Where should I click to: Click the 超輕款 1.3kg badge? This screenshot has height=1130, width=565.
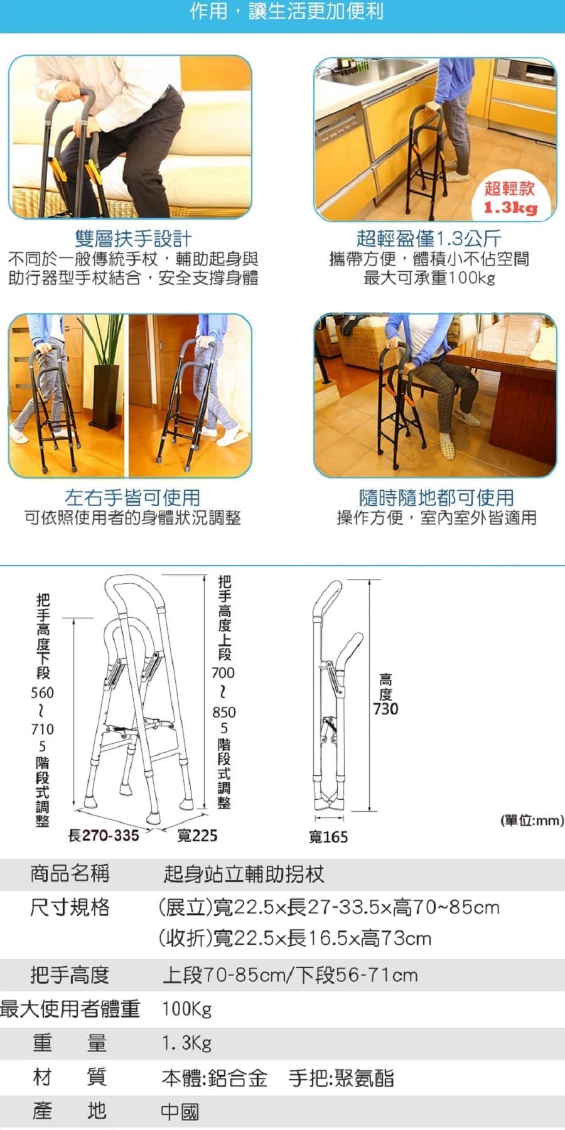pos(510,197)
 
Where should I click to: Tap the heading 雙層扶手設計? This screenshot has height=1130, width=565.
pos(133,239)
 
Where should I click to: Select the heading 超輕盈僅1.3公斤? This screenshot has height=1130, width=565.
pos(429,239)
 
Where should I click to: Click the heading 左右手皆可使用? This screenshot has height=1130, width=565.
pos(132,498)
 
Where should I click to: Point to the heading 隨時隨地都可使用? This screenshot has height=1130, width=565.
pos(436,498)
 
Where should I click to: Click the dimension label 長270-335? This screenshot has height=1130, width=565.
pos(104,836)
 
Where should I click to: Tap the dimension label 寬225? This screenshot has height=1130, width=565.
pos(197,836)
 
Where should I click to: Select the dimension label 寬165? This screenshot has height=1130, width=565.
pos(328,837)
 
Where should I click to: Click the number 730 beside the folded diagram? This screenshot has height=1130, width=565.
pos(385,709)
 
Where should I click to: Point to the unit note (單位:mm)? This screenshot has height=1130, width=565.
pos(532,820)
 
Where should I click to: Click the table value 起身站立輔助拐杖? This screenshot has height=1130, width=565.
pos(244,874)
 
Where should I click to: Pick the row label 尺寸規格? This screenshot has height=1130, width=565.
pos(70,907)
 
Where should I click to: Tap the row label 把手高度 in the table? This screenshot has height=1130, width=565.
pos(70,975)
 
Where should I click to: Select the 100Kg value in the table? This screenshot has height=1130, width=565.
pos(186,1009)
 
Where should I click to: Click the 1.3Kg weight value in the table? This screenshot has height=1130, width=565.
pos(186,1043)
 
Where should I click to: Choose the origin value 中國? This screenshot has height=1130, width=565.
pos(180,1112)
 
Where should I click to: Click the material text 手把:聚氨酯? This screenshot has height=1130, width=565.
pos(342,1078)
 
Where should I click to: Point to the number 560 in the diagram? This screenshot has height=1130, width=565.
pos(43,693)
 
